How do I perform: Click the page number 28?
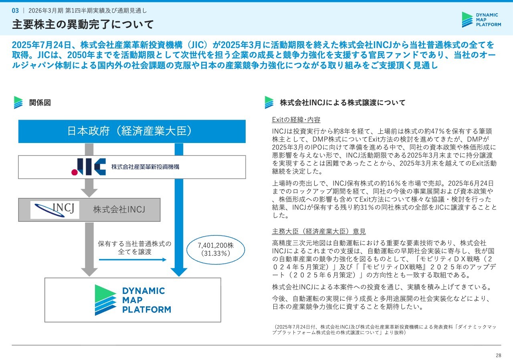point(498,355)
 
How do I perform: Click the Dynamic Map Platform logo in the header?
point(481,20)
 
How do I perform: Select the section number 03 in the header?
point(15,10)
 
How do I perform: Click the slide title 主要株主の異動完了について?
point(83,24)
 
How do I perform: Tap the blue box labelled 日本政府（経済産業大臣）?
point(132,131)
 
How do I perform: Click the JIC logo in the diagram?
point(89,167)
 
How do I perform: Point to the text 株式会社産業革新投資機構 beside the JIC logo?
point(145,167)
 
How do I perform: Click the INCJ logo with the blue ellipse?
point(55,210)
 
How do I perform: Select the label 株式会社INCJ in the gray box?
point(119,209)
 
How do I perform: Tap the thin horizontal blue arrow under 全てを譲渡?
point(133,259)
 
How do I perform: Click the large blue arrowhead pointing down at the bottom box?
point(179,272)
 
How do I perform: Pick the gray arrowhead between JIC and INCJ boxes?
point(89,193)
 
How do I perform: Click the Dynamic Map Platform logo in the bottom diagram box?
point(133,300)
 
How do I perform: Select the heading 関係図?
point(40,103)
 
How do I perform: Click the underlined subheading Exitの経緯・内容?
point(296,119)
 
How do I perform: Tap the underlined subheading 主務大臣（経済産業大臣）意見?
point(319,231)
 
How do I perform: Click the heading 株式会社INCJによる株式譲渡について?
point(343,103)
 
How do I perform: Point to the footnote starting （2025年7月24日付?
point(384,330)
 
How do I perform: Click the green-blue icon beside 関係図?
point(18,102)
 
